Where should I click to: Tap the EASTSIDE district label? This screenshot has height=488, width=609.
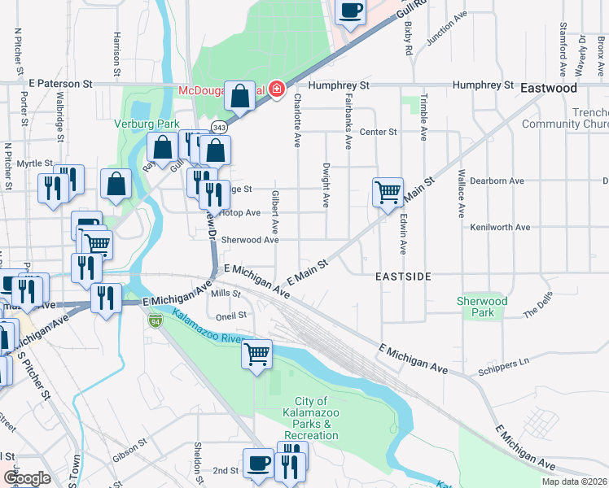tap(403, 277)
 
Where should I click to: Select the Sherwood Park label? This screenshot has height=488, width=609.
tap(482, 307)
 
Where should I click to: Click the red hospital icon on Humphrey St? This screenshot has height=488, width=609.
tap(278, 89)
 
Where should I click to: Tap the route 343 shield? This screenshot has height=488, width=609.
tap(219, 128)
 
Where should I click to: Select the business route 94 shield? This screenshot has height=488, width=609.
tap(155, 320)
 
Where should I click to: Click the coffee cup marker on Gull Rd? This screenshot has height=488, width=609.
tap(350, 11)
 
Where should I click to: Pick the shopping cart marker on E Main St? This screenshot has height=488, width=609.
tap(388, 193)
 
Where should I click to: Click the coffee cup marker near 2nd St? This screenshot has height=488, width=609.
tap(259, 464)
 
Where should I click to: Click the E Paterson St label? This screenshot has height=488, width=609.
tap(61, 84)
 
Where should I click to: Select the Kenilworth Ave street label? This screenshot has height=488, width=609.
tap(500, 228)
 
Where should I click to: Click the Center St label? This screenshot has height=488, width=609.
tap(378, 132)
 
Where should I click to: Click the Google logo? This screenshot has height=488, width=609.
tap(26, 478)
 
